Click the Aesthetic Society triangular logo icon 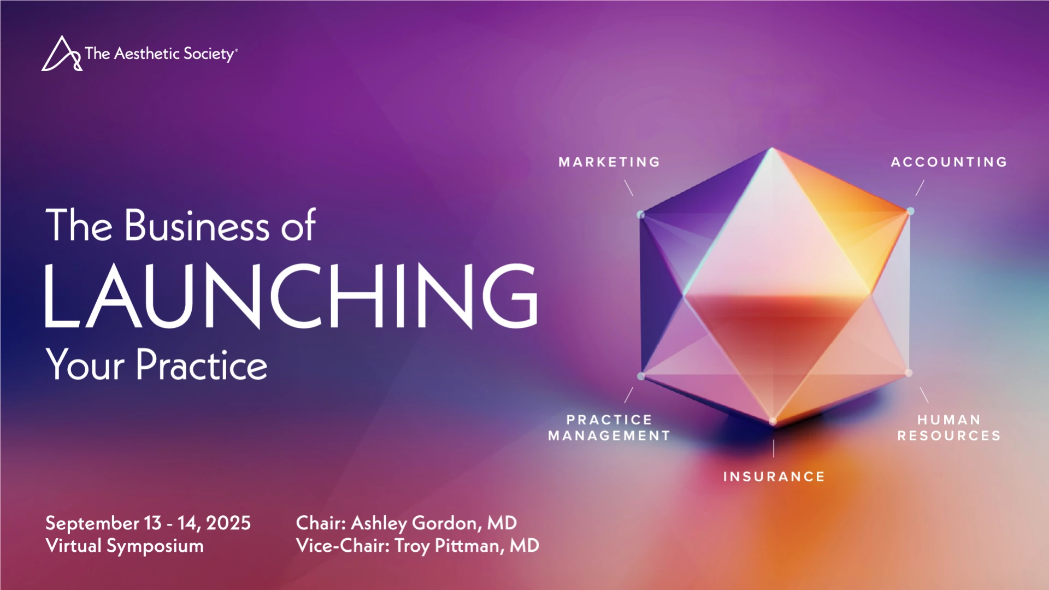click(x=62, y=54)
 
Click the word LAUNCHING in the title click(x=291, y=296)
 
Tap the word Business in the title click(x=197, y=225)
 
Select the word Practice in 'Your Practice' click(x=202, y=364)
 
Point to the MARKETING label click(x=609, y=162)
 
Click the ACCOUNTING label click(x=949, y=162)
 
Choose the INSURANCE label click(x=774, y=476)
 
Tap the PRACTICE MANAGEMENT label click(x=609, y=428)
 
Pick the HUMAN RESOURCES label click(x=949, y=428)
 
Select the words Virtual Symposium click(x=125, y=546)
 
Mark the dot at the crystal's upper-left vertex click(x=641, y=215)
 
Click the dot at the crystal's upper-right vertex click(x=910, y=211)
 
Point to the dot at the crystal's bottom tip click(x=773, y=421)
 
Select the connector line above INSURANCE click(x=774, y=448)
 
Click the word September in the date click(x=92, y=523)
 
